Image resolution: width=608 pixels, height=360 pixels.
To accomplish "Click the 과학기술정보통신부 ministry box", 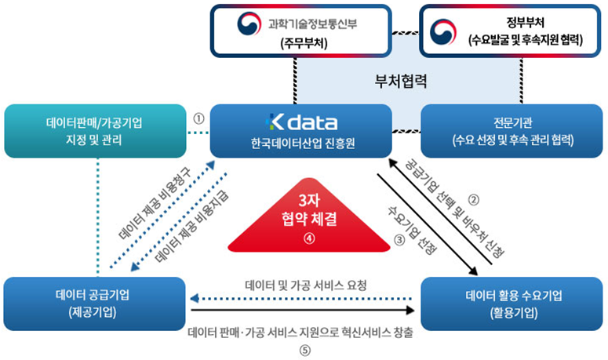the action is [x=301, y=31].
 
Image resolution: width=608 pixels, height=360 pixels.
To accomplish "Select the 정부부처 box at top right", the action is [x=510, y=31].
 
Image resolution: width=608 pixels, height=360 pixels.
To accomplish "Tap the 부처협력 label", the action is [x=401, y=81].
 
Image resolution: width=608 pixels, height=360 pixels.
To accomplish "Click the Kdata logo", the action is [x=301, y=122].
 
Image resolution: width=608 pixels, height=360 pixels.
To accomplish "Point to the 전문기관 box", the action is [x=512, y=131].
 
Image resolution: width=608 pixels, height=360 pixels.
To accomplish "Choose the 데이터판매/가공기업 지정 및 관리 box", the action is [x=96, y=131].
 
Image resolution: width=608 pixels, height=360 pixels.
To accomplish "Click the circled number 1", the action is [x=198, y=118].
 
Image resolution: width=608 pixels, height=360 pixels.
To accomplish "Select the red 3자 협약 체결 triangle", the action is [x=309, y=216].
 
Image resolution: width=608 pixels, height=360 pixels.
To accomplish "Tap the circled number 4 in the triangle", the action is [x=309, y=238].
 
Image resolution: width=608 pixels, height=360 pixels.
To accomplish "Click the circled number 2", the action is [x=473, y=199].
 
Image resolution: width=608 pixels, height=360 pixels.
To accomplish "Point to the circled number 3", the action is [x=399, y=240].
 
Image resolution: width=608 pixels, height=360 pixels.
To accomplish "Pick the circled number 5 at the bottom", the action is [x=304, y=351].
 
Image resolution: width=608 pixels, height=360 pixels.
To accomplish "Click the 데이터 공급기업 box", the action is [x=95, y=304].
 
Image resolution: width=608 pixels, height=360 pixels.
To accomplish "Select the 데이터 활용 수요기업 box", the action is [x=512, y=304].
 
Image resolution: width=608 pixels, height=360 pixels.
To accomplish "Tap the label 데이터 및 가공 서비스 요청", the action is [x=306, y=285].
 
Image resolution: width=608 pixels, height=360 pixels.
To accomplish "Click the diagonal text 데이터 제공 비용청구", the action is [x=155, y=203].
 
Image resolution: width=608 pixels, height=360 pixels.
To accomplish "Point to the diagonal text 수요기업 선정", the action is [x=412, y=230].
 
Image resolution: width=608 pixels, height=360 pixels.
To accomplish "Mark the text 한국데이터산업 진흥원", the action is [x=303, y=144].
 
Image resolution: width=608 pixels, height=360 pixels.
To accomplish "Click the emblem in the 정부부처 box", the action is [x=443, y=32].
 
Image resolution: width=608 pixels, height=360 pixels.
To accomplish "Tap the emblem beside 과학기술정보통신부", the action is [x=249, y=24].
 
